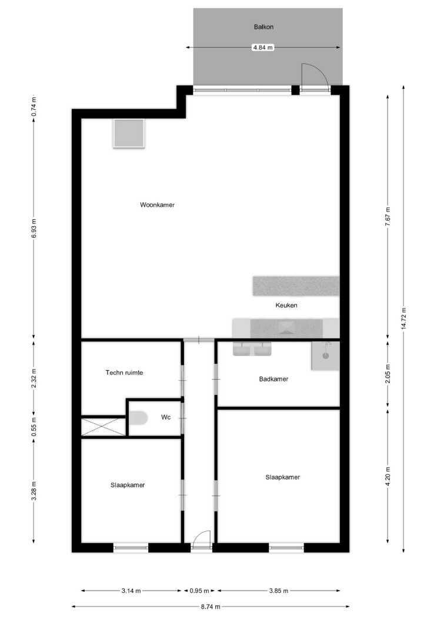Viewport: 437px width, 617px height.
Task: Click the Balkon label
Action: (263, 27)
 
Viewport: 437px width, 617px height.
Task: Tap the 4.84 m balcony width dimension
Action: (263, 48)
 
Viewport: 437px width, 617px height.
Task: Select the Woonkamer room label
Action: (157, 204)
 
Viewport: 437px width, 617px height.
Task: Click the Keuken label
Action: (286, 305)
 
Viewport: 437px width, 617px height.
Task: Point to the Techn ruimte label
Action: (124, 372)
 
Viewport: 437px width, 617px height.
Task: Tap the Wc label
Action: (166, 417)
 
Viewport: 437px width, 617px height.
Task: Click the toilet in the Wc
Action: (138, 418)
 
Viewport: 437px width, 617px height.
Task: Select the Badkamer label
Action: (273, 379)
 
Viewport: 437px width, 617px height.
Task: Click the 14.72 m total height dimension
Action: (403, 318)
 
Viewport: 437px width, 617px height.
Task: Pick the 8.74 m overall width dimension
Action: (211, 606)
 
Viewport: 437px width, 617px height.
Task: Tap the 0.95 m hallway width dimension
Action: (199, 591)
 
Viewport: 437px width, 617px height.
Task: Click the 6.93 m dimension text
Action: (34, 228)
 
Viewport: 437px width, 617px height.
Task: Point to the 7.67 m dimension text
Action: (388, 216)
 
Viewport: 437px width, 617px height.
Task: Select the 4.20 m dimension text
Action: (388, 477)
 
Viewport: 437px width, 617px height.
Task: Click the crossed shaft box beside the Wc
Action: (103, 427)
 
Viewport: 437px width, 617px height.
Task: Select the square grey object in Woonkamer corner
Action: (129, 133)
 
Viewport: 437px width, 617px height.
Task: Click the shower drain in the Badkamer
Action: (326, 356)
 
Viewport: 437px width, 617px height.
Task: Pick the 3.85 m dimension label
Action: (279, 591)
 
